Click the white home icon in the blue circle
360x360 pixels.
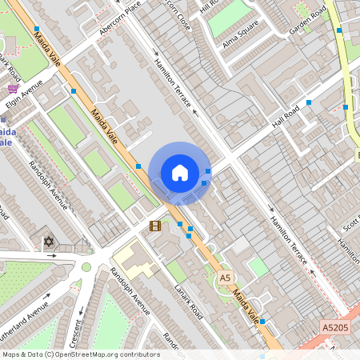(180, 173)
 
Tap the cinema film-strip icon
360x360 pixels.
(154, 226)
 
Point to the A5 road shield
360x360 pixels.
(225, 277)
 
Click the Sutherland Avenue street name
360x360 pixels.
(24, 310)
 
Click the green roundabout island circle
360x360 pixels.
(86, 266)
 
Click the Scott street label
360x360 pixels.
(350, 224)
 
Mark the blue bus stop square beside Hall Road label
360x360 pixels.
(309, 102)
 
